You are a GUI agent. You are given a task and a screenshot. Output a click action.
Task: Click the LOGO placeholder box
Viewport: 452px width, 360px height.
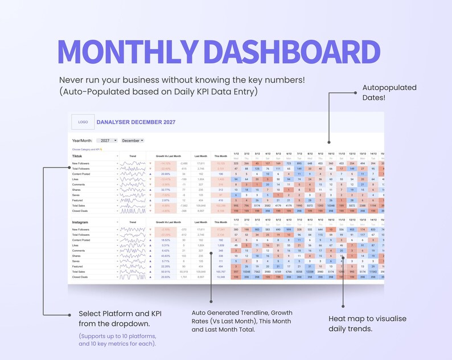pos(83,122)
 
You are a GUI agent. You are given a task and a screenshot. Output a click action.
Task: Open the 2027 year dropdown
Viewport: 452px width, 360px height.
pos(106,140)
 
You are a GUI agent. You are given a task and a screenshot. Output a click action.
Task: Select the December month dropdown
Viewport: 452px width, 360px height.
pos(133,140)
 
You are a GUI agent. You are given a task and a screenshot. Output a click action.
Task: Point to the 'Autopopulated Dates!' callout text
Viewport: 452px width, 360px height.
pos(389,93)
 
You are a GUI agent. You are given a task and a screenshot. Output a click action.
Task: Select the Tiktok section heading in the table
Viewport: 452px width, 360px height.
pos(77,156)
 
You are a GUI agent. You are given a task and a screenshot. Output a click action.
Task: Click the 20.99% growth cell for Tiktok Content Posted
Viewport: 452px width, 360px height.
pos(166,174)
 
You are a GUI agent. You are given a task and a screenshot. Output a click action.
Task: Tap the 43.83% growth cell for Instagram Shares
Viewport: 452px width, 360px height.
pos(166,256)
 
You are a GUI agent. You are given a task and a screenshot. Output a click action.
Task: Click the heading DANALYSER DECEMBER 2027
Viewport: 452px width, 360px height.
pos(136,122)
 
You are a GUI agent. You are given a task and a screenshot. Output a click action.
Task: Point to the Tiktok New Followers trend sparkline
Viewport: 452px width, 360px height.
pos(133,163)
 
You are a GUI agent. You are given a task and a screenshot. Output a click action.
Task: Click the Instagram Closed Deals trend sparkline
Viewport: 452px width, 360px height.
pos(133,277)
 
